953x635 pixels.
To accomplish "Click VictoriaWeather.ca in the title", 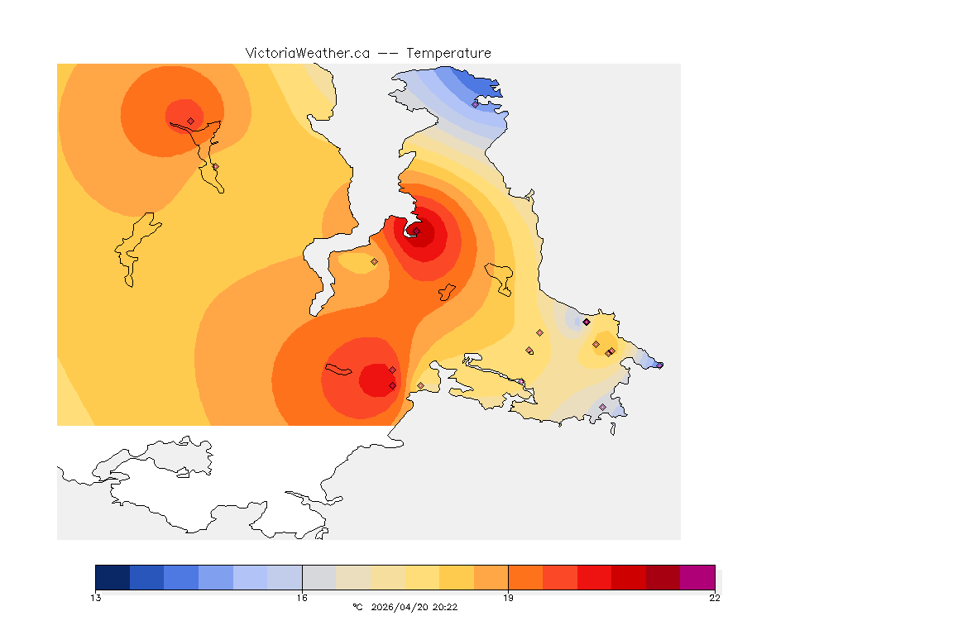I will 307,53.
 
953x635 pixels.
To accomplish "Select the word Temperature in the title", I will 448,53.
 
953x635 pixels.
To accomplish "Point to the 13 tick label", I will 96,598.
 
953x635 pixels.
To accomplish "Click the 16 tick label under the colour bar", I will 302,598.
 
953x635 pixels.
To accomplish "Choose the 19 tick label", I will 508,598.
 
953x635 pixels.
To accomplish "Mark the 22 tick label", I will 714,598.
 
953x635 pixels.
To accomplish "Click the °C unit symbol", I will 357,607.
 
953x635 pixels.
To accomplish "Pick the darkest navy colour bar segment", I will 113,577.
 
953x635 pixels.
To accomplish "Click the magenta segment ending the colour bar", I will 697,577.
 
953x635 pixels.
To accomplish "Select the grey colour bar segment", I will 318,577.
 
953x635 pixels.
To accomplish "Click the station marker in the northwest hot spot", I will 190,121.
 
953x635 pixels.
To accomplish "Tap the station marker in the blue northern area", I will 475,104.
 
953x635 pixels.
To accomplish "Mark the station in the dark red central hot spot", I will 416,232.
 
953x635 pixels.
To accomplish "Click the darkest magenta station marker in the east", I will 586,322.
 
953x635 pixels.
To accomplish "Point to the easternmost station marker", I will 659,365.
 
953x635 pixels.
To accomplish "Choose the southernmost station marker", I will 602,407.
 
